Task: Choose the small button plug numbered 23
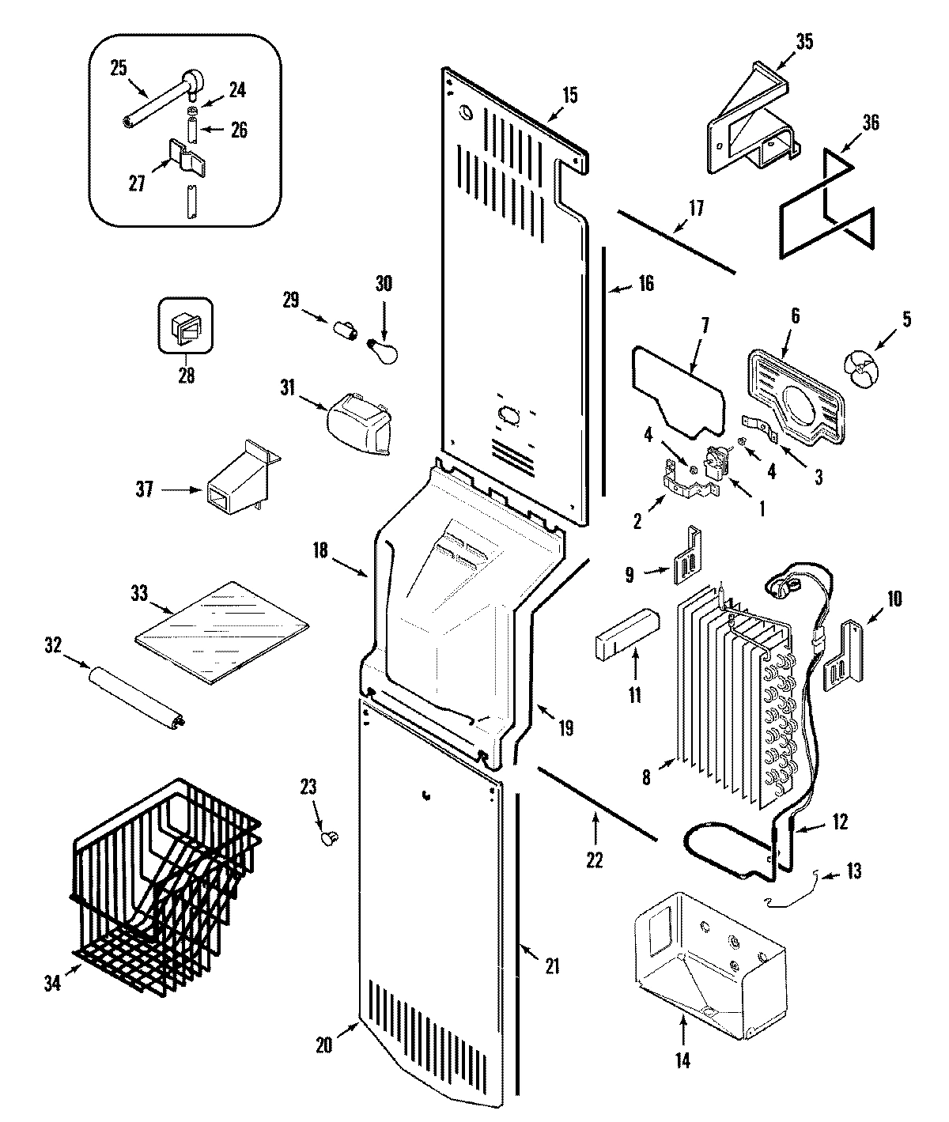329,836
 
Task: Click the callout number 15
569,96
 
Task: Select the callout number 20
323,1044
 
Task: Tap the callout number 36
869,123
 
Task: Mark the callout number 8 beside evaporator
646,778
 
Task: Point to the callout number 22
594,860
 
